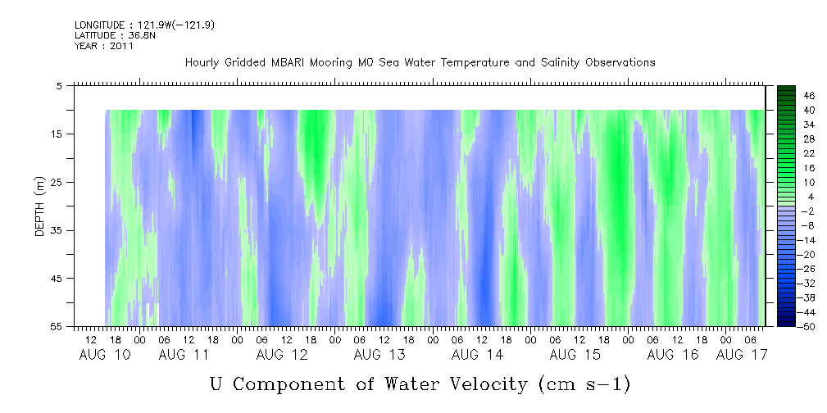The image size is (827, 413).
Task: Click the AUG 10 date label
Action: pyautogui.click(x=105, y=355)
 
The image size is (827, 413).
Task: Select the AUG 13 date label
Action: pyautogui.click(x=379, y=355)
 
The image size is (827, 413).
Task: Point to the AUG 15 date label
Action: pyautogui.click(x=575, y=355)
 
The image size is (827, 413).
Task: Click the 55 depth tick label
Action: pyautogui.click(x=55, y=326)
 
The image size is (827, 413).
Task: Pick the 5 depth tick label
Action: pyautogui.click(x=57, y=85)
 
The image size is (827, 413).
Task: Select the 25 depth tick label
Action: pyautogui.click(x=55, y=182)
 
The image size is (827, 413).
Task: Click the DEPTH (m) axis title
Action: pyautogui.click(x=40, y=206)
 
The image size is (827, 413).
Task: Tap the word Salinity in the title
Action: pyautogui.click(x=560, y=63)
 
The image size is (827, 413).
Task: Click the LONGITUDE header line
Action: pyautogui.click(x=144, y=25)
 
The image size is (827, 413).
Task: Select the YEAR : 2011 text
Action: pyautogui.click(x=104, y=46)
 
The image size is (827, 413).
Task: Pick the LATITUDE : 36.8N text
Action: pyautogui.click(x=115, y=35)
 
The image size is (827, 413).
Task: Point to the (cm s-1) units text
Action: pyautogui.click(x=584, y=384)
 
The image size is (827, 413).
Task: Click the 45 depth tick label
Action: pyautogui.click(x=55, y=278)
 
